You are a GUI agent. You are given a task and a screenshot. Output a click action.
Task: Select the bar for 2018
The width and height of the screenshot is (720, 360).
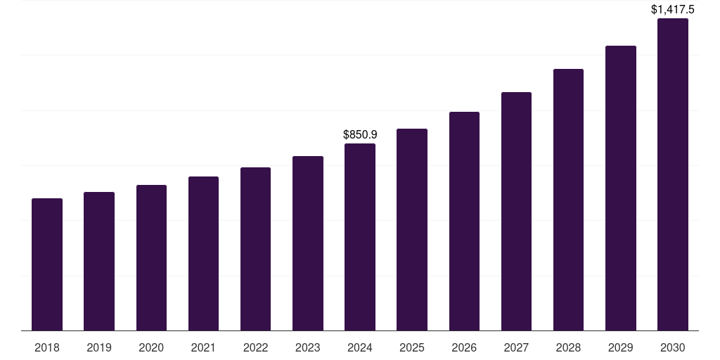pos(47,264)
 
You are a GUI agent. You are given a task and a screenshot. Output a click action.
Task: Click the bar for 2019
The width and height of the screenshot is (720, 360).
pos(99,261)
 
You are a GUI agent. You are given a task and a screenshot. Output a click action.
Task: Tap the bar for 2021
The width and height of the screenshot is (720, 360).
pos(203,253)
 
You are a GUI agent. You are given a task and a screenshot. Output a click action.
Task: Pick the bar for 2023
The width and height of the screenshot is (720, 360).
pos(308,243)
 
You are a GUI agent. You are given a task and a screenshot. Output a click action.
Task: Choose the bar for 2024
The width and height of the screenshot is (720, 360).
pos(360,237)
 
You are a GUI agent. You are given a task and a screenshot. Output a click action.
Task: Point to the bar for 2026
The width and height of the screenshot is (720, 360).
pos(464,221)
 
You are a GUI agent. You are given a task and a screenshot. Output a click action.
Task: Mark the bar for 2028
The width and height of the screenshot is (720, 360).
pos(568,200)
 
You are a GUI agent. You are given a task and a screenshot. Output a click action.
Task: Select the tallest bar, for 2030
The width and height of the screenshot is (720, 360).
pos(673,174)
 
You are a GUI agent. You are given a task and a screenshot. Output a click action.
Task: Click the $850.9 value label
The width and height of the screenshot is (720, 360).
pos(360,134)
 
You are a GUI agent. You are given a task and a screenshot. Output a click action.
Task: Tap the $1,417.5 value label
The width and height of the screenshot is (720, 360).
pos(673,9)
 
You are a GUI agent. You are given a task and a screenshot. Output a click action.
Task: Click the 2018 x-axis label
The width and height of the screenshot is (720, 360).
pos(47,347)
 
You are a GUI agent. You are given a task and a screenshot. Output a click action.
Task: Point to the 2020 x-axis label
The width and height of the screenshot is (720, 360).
pos(151,347)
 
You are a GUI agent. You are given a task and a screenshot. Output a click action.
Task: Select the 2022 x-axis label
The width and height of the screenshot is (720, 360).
pos(256,347)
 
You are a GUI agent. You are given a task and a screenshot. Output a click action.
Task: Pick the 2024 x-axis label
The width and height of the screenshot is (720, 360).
pos(360,347)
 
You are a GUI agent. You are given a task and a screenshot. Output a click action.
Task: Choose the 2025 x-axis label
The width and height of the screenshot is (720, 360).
pos(412,347)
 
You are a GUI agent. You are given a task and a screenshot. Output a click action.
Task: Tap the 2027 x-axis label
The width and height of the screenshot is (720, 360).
pos(516,347)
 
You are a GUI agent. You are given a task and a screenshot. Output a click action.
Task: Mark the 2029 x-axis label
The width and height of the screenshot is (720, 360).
pos(621,347)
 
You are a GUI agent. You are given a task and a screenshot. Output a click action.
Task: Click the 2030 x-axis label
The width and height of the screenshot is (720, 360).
pos(673,347)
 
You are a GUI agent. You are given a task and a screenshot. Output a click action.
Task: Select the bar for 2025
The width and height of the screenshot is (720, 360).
pos(412,229)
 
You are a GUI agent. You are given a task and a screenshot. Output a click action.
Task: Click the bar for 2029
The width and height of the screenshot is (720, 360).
pos(621,188)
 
